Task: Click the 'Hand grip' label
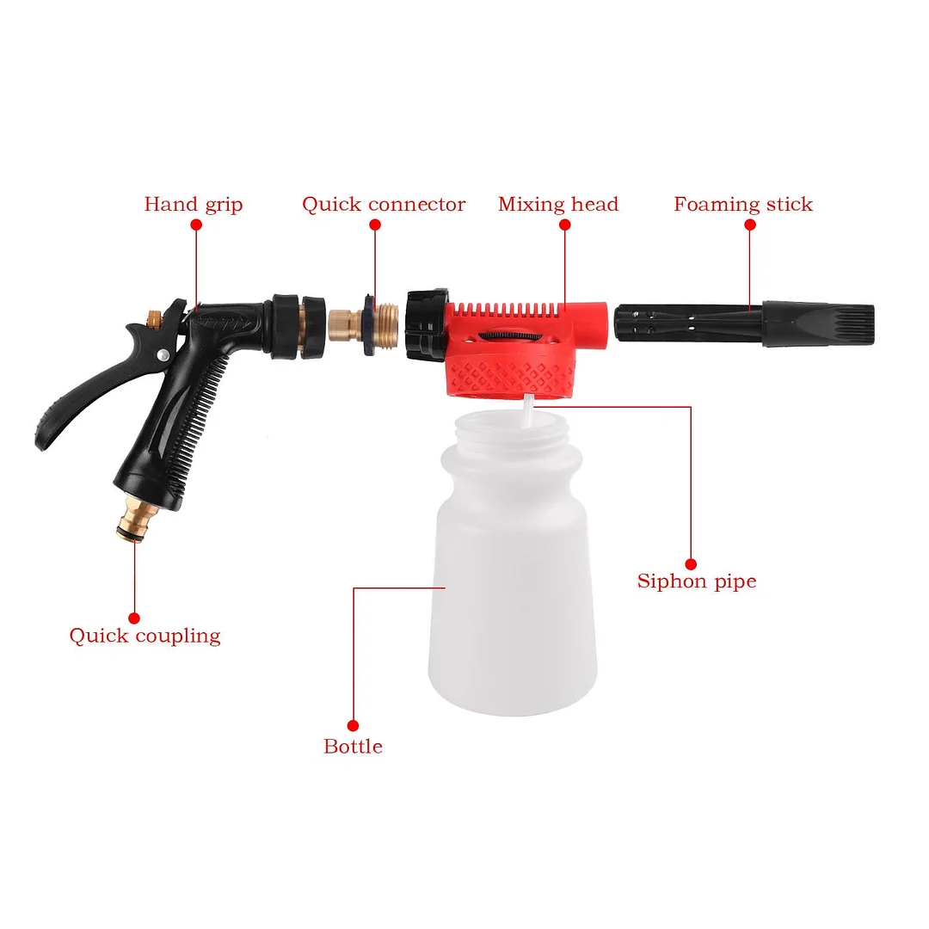194,205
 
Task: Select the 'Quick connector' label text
384,205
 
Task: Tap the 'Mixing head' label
558,205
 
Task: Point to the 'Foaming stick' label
743,205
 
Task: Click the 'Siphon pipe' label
697,581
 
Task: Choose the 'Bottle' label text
353,747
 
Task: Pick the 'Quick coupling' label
145,637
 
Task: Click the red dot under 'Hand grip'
195,225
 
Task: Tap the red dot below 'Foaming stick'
750,225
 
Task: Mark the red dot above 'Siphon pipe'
691,557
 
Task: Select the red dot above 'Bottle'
353,725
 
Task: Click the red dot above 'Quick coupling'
134,617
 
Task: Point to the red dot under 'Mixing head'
564,225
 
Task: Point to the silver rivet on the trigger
163,355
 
